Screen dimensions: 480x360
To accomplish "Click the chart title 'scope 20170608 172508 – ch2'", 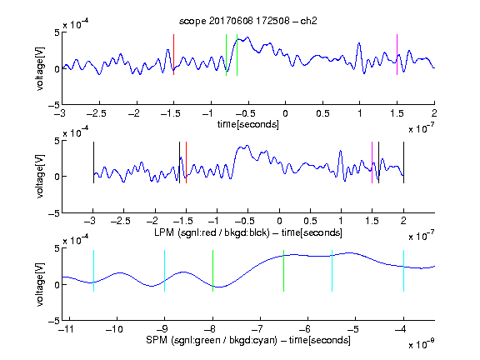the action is tap(247, 21).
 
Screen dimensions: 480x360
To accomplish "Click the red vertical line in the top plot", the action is tap(173, 54).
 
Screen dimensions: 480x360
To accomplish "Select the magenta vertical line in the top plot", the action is tap(397, 54).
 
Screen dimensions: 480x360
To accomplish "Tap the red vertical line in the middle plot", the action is tap(186, 162).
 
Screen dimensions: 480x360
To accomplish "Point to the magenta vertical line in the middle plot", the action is tap(372, 162).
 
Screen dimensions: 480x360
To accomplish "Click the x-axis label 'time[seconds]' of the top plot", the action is tap(248, 124).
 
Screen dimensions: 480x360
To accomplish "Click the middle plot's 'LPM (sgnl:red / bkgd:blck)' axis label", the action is tap(212, 232).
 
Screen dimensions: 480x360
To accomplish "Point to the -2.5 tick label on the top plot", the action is tap(97, 114).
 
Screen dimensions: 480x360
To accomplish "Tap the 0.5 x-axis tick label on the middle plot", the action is tap(310, 221).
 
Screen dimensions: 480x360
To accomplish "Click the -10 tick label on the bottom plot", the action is tap(114, 329).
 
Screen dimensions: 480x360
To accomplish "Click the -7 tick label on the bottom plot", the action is tap(257, 329).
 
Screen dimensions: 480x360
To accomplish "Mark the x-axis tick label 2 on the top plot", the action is tap(434, 113).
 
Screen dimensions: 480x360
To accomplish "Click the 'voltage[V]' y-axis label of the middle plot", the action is tap(39, 177).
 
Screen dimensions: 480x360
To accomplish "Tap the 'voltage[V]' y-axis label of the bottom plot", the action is tap(39, 284).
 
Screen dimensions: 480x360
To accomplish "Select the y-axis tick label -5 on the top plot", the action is tap(54, 105).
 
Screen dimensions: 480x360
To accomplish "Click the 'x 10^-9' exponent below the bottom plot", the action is tap(421, 344).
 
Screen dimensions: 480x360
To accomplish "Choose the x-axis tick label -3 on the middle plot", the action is tap(90, 221).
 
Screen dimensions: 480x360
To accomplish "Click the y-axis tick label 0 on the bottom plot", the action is tap(57, 285).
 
